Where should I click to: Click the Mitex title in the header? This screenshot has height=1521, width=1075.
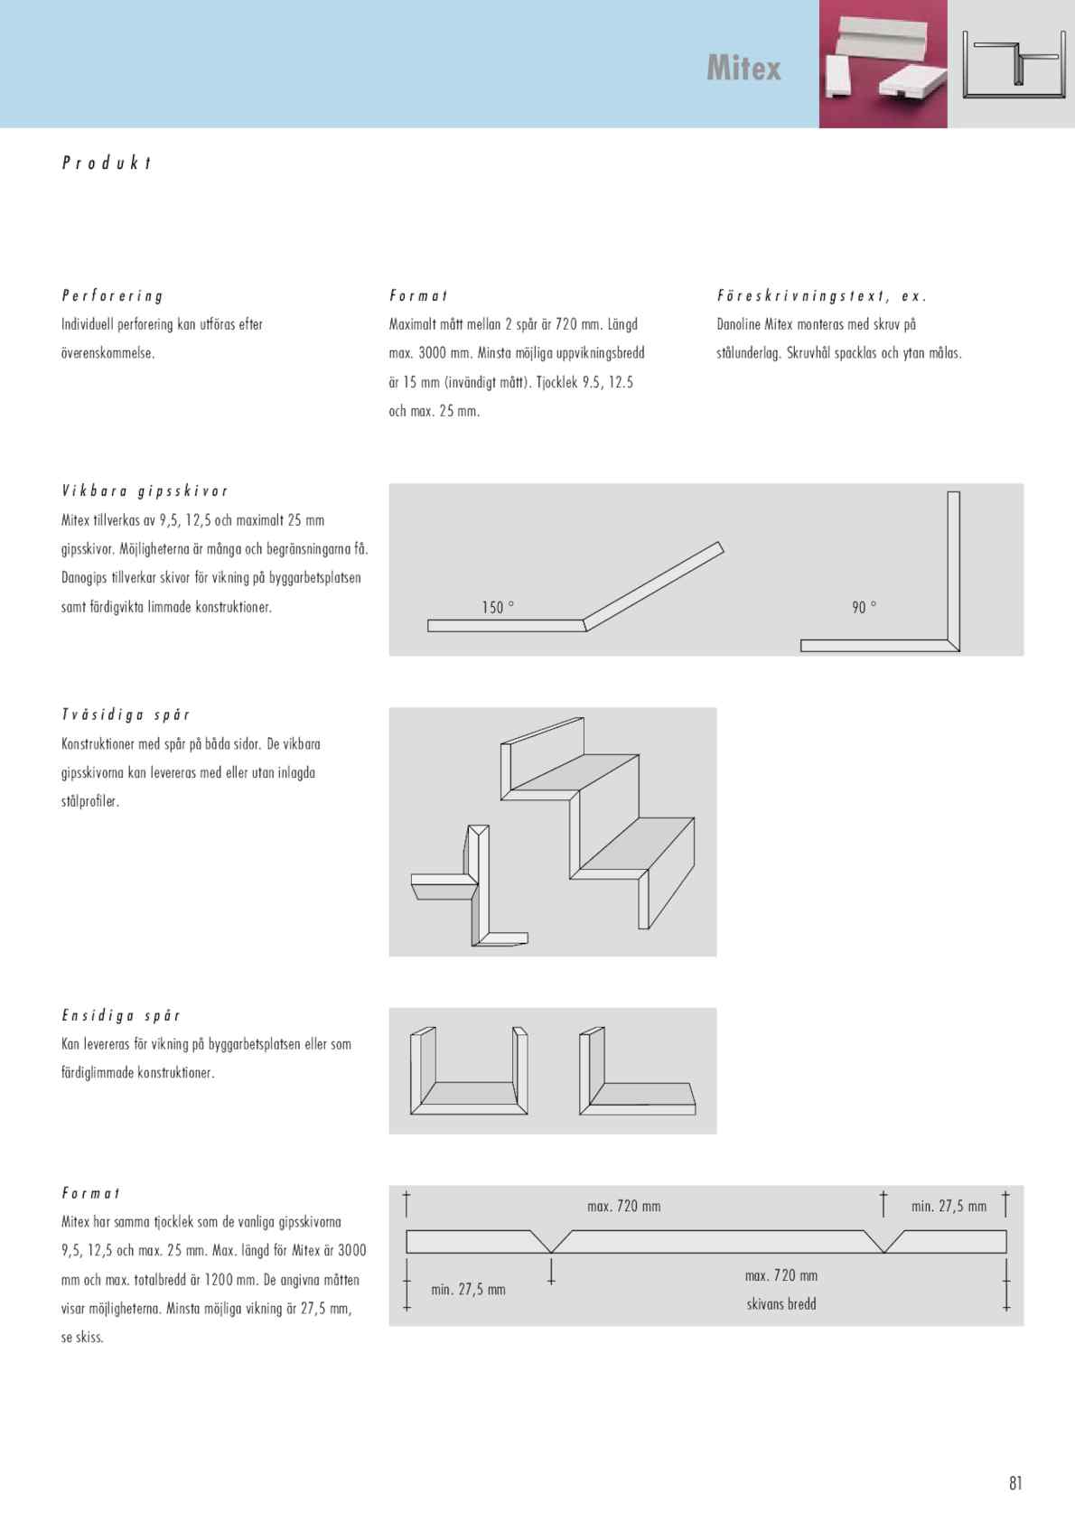[743, 69]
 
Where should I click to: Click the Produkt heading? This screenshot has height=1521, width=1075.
[107, 163]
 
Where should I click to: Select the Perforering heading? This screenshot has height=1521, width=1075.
[112, 295]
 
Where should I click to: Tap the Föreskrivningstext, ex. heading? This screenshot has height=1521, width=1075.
[821, 295]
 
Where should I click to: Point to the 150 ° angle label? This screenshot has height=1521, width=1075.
[498, 607]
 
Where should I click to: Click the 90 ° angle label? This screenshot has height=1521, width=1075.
[864, 607]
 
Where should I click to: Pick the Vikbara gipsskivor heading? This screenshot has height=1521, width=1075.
[145, 490]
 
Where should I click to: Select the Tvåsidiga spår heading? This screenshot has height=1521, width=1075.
[126, 714]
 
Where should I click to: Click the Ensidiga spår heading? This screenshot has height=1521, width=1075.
[121, 1015]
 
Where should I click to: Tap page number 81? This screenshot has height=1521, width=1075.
[1015, 1482]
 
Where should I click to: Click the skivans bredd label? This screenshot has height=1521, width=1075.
[781, 1303]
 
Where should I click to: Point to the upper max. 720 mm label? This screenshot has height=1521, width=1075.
[623, 1206]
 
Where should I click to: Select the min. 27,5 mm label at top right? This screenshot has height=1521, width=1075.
[949, 1206]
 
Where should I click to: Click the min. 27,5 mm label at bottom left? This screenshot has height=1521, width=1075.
[468, 1289]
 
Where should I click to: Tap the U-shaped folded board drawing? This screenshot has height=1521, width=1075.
[468, 1073]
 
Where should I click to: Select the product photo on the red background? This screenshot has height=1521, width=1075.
[883, 63]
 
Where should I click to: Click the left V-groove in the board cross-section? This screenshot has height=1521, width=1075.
[551, 1242]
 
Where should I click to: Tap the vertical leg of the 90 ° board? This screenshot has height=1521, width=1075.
[953, 569]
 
